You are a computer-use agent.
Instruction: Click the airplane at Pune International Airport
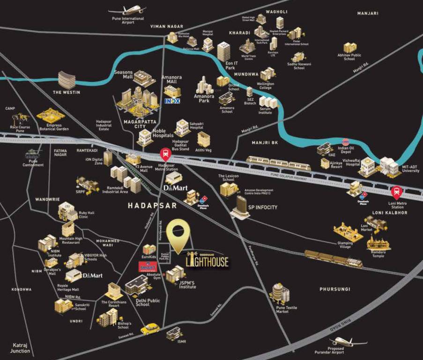126,9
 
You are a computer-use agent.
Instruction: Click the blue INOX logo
172,101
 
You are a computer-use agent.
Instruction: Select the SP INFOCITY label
262,207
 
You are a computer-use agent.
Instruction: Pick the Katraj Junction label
20,348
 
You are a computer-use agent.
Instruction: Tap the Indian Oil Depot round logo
346,141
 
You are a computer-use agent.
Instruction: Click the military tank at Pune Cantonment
32,153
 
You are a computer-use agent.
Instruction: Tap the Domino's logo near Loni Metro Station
364,195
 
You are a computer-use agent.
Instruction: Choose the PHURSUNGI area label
334,289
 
